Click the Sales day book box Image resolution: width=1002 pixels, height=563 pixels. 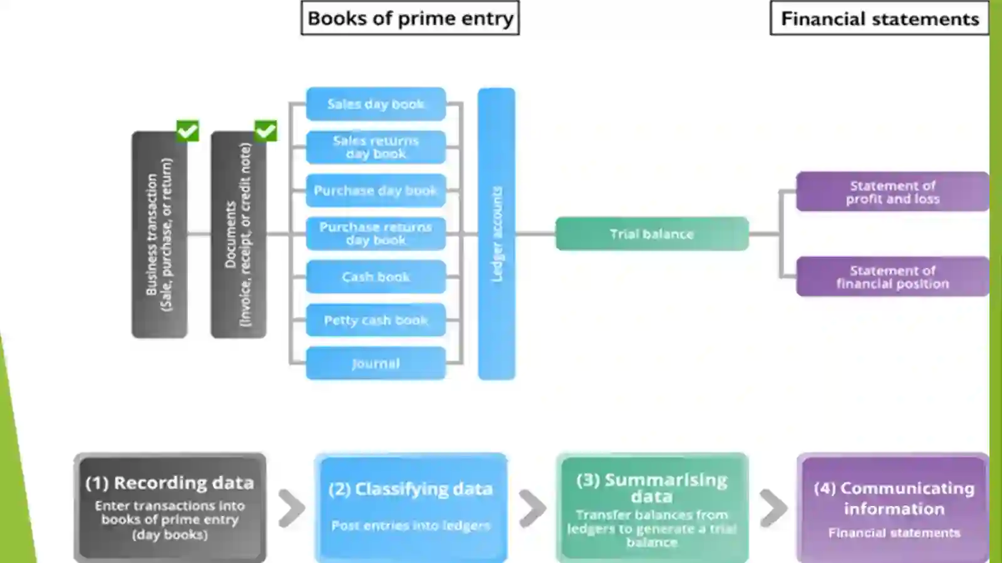376,104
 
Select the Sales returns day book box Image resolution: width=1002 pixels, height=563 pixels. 376,147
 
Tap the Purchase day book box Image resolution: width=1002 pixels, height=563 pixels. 376,190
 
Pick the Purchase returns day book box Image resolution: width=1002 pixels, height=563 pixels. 376,234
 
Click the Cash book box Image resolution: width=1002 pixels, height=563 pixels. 376,277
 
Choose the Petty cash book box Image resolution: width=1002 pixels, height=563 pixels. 376,320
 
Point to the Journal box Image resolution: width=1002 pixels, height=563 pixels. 376,363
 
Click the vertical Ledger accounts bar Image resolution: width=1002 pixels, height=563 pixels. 497,234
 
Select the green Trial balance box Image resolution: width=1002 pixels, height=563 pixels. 652,234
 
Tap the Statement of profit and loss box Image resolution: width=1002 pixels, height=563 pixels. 892,192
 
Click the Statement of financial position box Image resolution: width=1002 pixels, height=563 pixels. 892,276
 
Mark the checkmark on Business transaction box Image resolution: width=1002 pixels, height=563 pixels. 187,131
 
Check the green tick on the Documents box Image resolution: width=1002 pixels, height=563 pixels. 266,131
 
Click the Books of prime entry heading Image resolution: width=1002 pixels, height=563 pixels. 410,18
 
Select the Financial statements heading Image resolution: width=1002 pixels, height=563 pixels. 879,18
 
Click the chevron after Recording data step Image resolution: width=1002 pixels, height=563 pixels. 292,508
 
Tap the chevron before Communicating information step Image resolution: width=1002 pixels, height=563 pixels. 773,508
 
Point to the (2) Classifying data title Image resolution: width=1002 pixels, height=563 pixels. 410,489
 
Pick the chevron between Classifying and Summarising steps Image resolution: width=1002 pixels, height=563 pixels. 532,508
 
